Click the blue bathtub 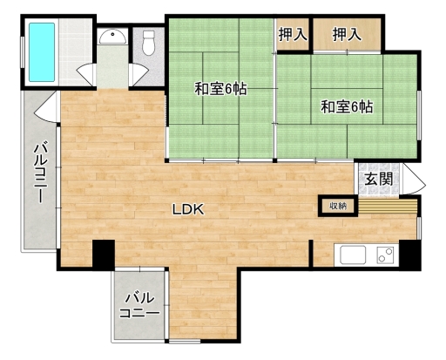coord(42,52)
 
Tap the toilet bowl coord(148,43)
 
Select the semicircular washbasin coord(112,37)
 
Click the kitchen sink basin coord(353,255)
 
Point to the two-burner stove coord(385,255)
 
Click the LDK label coord(188,209)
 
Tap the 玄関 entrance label coord(379,179)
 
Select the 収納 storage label coord(338,206)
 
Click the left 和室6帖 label coord(220,89)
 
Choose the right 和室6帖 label coord(347,106)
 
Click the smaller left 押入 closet coord(293,34)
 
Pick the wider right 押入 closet coord(347,34)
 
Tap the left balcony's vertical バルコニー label coord(40,173)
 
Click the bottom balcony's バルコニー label coord(139,305)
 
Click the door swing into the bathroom coord(86,74)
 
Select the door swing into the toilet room coord(139,74)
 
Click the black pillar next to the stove coord(410,255)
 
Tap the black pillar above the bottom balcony coord(104,254)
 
